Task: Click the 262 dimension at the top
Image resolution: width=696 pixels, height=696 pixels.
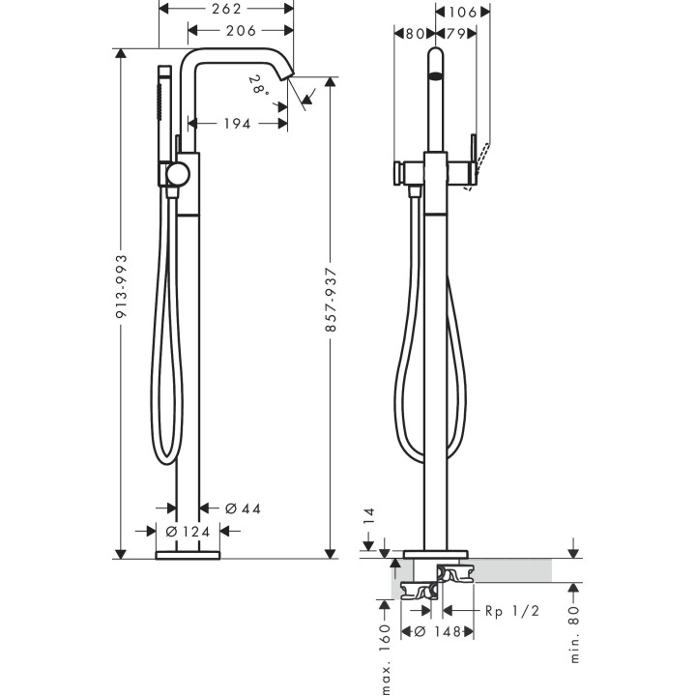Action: click(225, 10)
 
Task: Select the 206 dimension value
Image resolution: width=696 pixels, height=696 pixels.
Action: click(241, 30)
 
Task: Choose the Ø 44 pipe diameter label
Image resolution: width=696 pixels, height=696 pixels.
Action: click(243, 507)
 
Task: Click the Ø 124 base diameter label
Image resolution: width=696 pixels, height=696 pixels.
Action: click(188, 531)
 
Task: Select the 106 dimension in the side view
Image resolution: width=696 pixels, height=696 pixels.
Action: click(462, 12)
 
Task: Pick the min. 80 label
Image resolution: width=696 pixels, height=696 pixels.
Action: click(575, 633)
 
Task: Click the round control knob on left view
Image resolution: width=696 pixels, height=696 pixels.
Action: click(178, 175)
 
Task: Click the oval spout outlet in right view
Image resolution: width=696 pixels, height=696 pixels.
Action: click(436, 72)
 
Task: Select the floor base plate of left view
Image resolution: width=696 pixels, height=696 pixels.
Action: click(188, 555)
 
